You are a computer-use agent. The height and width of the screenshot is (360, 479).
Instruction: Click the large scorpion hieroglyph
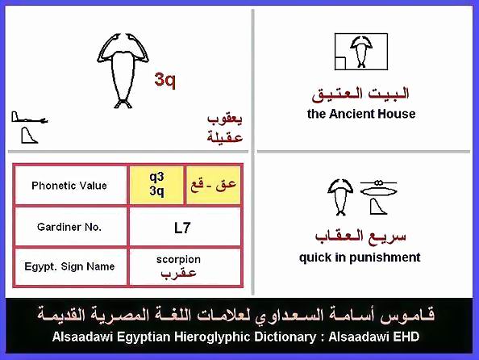(x=123, y=71)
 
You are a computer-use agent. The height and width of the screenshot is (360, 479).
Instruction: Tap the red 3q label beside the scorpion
(x=165, y=80)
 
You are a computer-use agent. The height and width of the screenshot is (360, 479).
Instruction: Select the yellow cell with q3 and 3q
(x=156, y=185)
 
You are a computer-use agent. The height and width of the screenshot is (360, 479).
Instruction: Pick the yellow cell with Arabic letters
(x=213, y=185)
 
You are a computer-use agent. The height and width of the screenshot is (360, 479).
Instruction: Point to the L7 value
(x=182, y=228)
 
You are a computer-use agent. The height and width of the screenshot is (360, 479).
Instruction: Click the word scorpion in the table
(x=178, y=259)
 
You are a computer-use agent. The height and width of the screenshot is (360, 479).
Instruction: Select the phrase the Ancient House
(x=361, y=114)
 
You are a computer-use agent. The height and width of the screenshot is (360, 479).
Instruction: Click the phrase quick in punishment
(x=360, y=257)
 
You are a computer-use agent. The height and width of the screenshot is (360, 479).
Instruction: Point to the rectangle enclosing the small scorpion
(x=361, y=34)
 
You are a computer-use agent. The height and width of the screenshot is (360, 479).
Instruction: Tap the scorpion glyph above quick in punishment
(x=340, y=197)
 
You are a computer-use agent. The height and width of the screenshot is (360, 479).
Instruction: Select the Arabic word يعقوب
(x=225, y=119)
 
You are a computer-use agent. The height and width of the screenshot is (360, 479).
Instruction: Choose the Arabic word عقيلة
(x=225, y=136)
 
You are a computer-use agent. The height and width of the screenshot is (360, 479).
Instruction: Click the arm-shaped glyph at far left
(x=29, y=118)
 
